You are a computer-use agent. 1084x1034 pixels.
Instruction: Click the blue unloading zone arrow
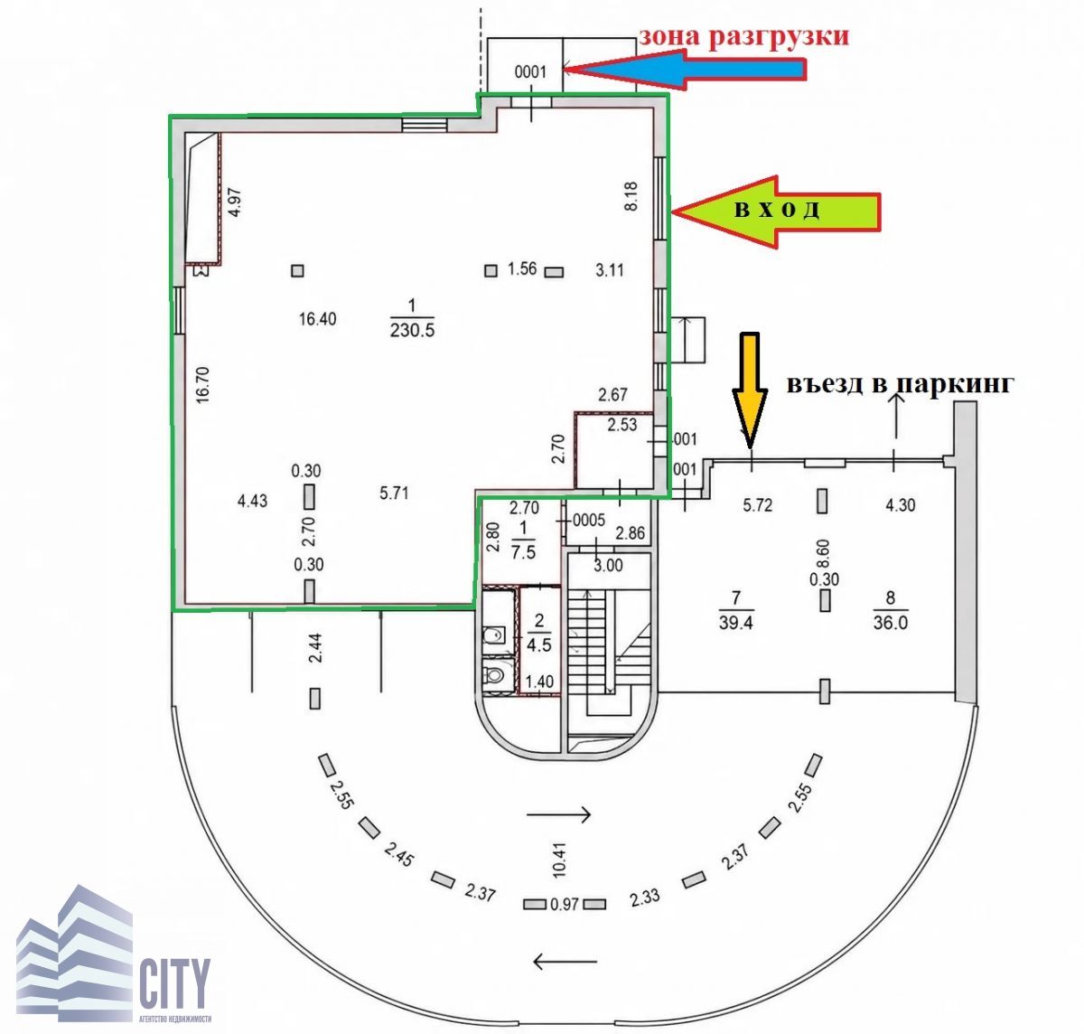tap(684, 70)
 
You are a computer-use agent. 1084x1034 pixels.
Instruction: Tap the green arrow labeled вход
tap(775, 211)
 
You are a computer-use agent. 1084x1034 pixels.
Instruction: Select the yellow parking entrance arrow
tap(750, 389)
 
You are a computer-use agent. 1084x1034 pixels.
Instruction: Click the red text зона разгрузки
tap(743, 36)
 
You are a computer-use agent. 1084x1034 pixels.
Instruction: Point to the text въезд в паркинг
tap(900, 383)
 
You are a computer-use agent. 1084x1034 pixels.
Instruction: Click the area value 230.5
tap(413, 330)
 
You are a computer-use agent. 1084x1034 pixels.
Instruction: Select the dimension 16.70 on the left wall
tap(203, 384)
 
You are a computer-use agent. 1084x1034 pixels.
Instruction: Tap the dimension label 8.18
tap(631, 196)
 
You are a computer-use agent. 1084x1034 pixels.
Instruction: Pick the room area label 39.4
tap(736, 623)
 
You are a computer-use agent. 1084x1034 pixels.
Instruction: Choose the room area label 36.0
tap(891, 623)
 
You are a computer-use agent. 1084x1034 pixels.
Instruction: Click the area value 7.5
tap(523, 551)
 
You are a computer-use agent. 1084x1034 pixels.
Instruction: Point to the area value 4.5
tap(538, 644)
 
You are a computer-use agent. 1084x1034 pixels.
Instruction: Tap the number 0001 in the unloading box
tap(530, 71)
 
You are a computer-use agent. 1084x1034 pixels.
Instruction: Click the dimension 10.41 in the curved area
tap(558, 859)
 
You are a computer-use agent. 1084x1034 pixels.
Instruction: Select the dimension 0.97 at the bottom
tap(565, 904)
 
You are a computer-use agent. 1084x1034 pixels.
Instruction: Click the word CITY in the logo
tap(174, 982)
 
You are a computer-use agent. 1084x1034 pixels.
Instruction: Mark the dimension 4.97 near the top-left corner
tap(235, 202)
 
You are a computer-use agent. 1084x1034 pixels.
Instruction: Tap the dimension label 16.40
tap(318, 319)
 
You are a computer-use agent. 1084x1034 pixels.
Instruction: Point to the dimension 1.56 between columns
tap(521, 268)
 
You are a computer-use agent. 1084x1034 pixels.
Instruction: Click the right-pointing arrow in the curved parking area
tap(558, 813)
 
